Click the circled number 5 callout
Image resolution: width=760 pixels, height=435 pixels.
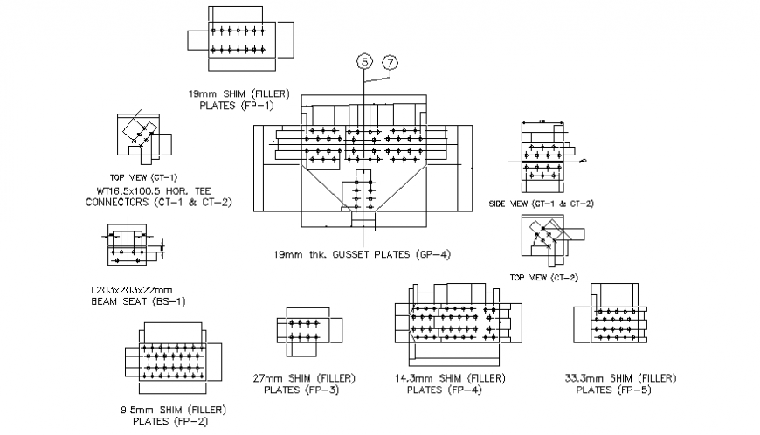pos(363,61)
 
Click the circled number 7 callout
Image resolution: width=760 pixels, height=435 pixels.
pos(390,61)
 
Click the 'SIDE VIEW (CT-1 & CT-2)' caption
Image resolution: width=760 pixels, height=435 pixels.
pos(542,204)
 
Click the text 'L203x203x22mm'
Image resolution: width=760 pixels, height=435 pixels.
pos(132,290)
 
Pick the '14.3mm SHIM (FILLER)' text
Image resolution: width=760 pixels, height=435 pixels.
pos(449,378)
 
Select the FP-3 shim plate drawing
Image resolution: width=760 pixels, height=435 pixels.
pos(305,330)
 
